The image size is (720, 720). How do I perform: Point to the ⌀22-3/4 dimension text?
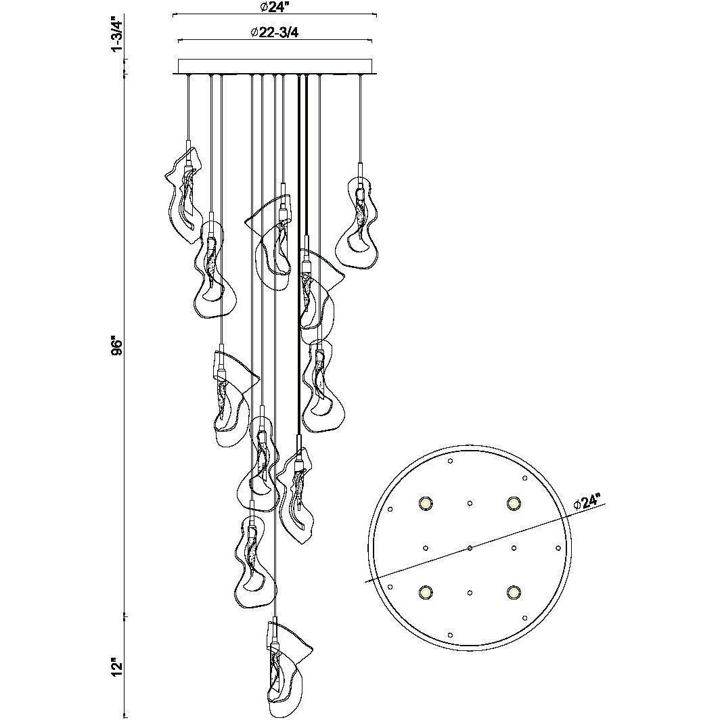point(275,32)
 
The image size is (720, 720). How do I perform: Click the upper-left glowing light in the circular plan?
point(425,503)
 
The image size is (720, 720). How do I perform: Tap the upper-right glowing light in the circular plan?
point(514,503)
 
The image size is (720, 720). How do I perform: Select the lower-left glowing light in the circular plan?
point(425,592)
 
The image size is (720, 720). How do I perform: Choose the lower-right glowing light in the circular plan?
point(514,592)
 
